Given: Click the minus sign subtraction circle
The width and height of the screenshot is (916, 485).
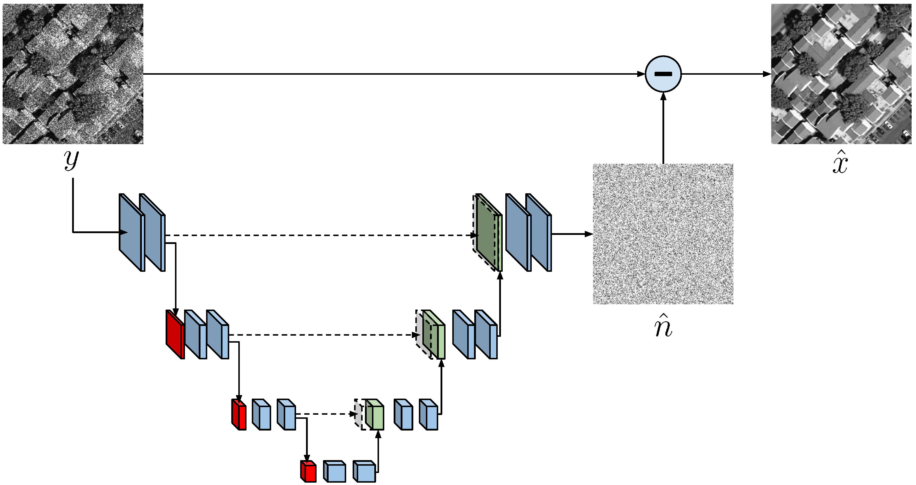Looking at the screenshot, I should [663, 74].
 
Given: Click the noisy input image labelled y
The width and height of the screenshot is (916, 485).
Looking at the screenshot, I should [73, 74].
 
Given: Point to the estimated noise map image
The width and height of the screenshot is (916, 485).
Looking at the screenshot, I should [663, 234].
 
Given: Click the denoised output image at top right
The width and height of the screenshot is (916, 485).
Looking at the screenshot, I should [841, 74].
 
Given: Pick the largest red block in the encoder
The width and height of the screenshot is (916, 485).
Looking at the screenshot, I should [175, 335].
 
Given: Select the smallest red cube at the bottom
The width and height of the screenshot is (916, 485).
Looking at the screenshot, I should [308, 472].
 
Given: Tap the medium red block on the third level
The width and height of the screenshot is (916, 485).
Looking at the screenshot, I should [239, 415].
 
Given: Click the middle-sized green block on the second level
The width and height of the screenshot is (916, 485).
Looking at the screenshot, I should [434, 335].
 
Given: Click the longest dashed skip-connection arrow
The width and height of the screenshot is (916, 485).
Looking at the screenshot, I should [320, 235].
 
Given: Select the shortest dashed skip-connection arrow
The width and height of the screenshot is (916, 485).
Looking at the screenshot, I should [327, 414].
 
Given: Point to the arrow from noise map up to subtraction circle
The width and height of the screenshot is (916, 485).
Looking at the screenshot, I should [663, 128].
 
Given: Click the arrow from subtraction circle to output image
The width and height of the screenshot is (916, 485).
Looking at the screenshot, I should [725, 74].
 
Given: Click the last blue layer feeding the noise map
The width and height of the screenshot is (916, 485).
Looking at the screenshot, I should [539, 233].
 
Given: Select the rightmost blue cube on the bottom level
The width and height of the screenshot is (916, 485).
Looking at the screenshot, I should [364, 472].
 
